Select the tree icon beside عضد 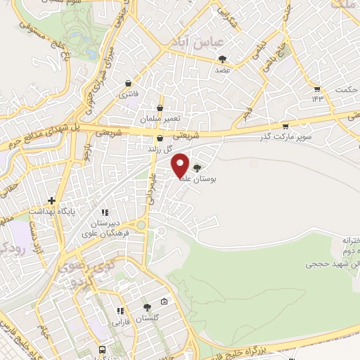223,59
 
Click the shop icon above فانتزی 128,82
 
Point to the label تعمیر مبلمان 160,120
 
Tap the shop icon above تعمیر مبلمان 160,108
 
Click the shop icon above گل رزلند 160,139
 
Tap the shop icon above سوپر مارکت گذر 285,127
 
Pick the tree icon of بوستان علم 196,168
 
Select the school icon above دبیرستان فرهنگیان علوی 104,212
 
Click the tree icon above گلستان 146,307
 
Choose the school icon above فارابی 120,311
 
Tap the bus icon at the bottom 103,349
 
